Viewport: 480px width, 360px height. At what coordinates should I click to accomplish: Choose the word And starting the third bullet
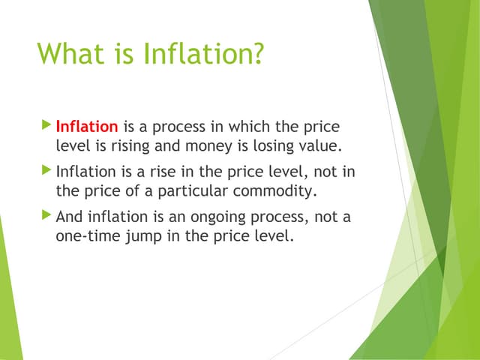70,218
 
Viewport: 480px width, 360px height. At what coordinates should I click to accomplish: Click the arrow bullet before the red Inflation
48,121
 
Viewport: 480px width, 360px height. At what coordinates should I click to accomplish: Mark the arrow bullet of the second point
48,169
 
